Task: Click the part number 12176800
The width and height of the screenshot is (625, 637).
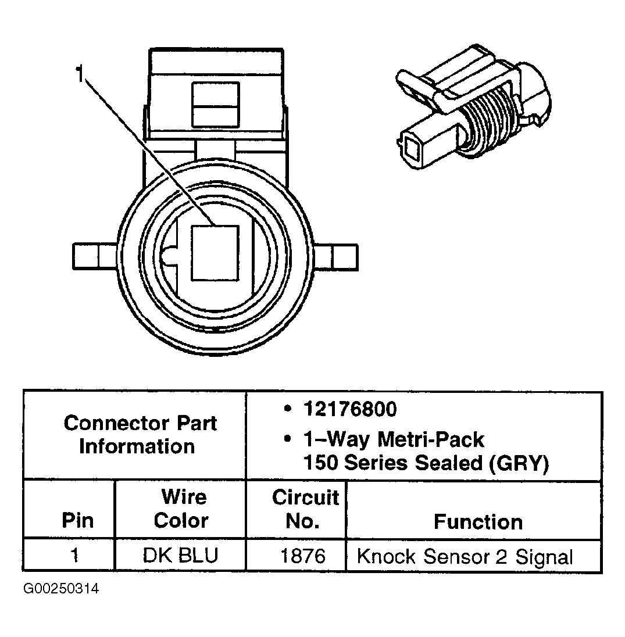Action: (x=349, y=409)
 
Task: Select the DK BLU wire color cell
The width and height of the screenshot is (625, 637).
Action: (x=180, y=556)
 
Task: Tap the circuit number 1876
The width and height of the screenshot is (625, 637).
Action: (x=303, y=556)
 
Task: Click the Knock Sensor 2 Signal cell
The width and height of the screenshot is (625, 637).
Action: (x=465, y=557)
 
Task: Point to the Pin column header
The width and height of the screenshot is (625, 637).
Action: (x=77, y=520)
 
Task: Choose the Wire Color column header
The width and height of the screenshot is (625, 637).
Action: (x=181, y=509)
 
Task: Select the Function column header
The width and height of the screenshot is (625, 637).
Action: (x=478, y=521)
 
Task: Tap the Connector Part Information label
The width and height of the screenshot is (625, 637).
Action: (x=140, y=434)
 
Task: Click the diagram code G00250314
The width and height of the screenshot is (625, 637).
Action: (x=61, y=589)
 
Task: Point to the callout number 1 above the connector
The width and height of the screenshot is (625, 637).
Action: (x=80, y=74)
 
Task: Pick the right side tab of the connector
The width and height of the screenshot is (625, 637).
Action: (x=337, y=256)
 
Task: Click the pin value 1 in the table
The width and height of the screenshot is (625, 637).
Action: (x=74, y=556)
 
